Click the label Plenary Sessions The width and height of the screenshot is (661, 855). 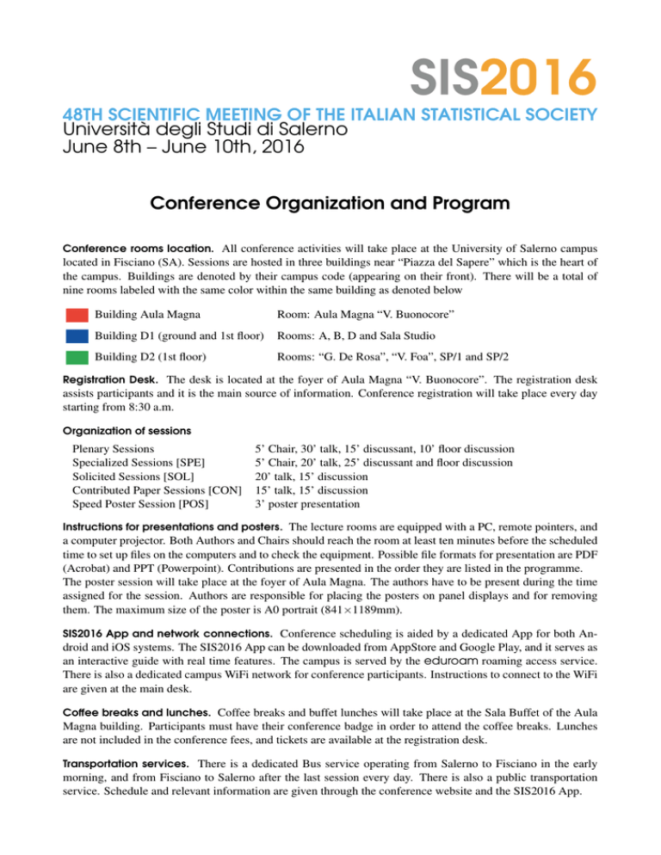point(114,448)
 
